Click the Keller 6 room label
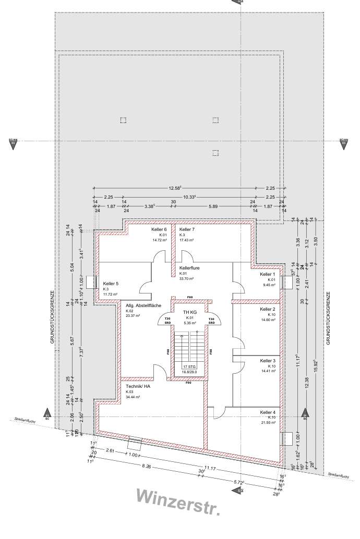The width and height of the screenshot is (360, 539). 159,229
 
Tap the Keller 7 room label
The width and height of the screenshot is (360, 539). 187,229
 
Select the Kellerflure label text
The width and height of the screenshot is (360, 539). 190,268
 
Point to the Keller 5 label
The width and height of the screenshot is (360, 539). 111,284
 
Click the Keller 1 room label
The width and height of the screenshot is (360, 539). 267,274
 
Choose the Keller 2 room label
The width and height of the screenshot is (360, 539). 268,309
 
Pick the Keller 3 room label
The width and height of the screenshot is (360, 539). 268,361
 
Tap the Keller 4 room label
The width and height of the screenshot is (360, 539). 268,412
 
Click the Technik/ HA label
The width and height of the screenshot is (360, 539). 138,386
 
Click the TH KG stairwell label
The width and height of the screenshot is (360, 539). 189,312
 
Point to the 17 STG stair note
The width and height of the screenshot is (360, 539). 189,367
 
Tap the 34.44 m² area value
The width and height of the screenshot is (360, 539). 133,397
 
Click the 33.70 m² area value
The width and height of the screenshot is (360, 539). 186,278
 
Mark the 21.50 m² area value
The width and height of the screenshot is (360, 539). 268,423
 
